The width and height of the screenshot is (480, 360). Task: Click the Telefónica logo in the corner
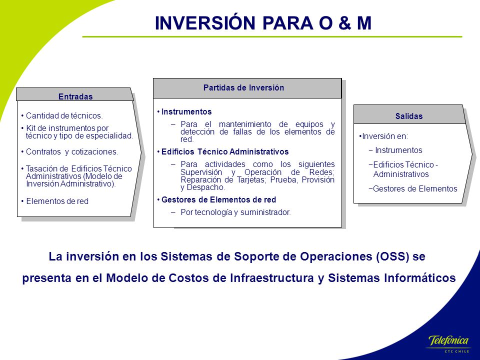448,344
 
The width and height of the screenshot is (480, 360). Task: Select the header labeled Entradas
75,96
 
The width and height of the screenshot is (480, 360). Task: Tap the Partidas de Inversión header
243,88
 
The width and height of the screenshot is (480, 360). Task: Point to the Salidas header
409,116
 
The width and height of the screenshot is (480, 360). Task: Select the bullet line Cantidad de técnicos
62,115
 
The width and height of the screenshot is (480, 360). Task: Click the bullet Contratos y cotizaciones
69,152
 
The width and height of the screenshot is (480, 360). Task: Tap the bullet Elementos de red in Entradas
55,201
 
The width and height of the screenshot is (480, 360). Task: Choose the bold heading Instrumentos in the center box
186,111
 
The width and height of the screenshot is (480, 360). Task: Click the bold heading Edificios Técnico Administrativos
225,152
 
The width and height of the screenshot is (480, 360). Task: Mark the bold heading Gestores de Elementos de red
218,200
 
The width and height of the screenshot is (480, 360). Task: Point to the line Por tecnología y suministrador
235,212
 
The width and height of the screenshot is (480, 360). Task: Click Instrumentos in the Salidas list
398,150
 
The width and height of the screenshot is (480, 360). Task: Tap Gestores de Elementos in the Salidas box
415,188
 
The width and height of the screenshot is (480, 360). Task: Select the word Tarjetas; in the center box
251,180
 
